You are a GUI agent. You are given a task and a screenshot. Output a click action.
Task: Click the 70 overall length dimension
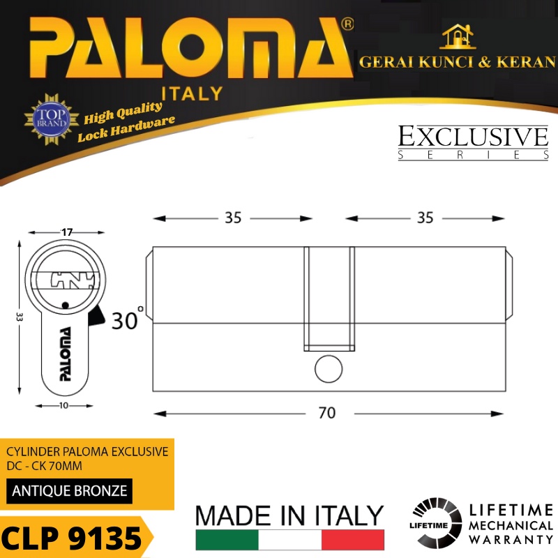tap(327, 413)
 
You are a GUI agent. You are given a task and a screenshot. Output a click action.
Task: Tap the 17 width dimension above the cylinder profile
tap(67, 232)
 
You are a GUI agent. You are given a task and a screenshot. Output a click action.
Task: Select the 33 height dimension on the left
tap(20, 317)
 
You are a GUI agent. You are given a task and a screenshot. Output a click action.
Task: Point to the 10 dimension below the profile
tap(63, 406)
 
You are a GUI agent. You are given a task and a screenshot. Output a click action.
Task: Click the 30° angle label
tap(128, 319)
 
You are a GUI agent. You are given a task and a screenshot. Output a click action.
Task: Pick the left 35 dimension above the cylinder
tap(233, 218)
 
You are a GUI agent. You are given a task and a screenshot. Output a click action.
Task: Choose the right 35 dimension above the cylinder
tap(425, 218)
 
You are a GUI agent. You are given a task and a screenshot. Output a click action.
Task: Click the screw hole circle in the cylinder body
tap(329, 369)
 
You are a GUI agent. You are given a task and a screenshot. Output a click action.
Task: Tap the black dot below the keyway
tap(65, 306)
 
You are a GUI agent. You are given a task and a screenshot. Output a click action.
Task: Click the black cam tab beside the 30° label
tap(96, 317)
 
